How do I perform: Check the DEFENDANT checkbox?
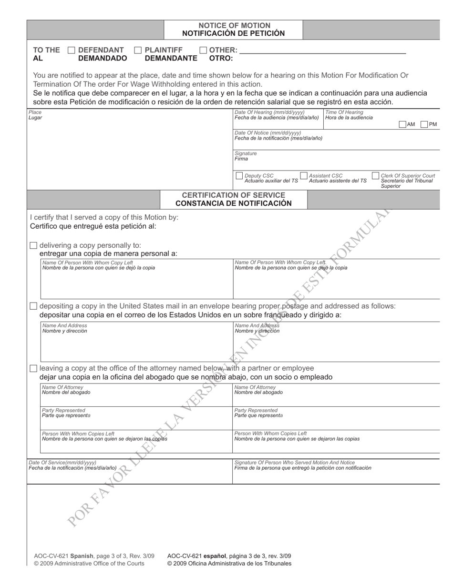[72, 50]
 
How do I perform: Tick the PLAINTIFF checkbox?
[138, 50]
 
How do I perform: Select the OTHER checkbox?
[203, 50]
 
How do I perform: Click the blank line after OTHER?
[322, 51]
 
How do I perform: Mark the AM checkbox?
[402, 124]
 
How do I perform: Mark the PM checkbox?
[424, 124]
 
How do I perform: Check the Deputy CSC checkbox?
[239, 176]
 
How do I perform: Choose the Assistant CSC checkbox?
[303, 176]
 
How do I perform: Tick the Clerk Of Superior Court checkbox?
[375, 176]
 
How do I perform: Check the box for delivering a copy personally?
[33, 245]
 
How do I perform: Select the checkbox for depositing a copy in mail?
[33, 306]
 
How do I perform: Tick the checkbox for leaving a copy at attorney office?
[33, 368]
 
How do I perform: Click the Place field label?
[35, 112]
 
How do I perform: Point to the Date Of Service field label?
[62, 462]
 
